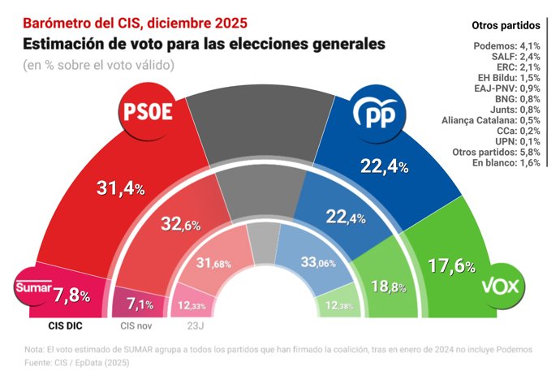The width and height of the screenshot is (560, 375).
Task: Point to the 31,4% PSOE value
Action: [120, 188]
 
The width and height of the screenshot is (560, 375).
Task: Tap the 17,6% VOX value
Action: [451, 266]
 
